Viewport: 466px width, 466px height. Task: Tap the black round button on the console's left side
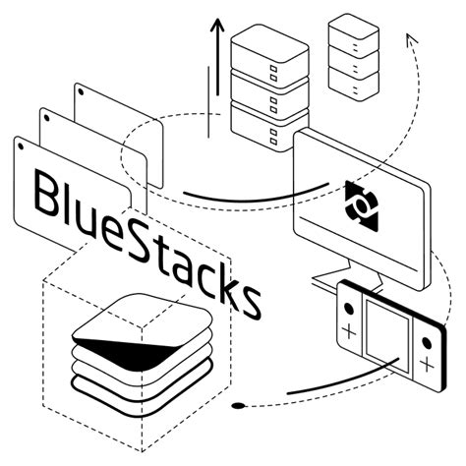[346, 303]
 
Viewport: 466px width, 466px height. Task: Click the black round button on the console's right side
[425, 339]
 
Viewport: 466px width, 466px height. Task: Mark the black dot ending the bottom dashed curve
[238, 405]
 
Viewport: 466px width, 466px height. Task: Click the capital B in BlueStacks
[49, 193]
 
